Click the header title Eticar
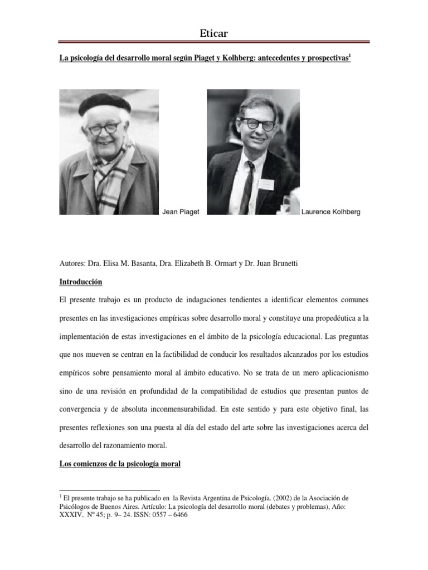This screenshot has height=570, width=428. (214, 35)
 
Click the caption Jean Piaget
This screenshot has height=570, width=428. (181, 212)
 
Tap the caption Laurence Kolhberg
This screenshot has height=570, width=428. (331, 212)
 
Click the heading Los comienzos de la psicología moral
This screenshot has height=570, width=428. (120, 463)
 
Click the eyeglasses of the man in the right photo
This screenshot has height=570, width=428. (259, 124)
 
